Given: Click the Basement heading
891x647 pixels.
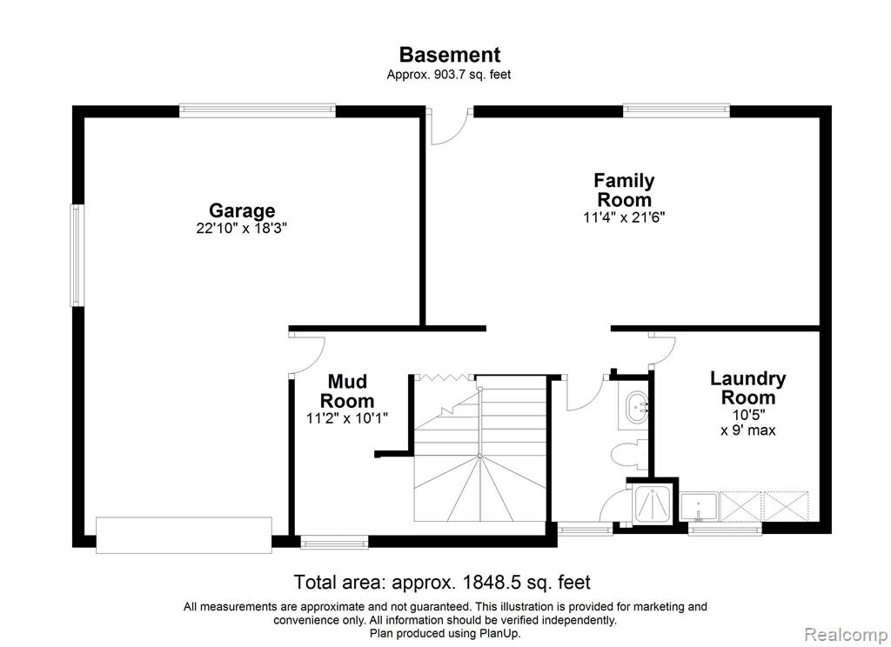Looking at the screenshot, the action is point(450,55).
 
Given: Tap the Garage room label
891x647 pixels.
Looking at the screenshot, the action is point(242,210).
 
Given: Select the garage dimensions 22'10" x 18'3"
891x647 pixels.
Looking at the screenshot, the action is point(242,229).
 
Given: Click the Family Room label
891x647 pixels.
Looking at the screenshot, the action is point(624,190).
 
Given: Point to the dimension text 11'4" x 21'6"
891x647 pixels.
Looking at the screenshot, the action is point(624,217).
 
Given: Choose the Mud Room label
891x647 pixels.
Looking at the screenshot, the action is point(347,390).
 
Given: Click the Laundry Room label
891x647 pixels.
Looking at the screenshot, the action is point(747,388).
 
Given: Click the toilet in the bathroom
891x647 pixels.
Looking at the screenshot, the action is point(629,452).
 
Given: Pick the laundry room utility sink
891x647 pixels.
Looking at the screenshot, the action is point(699,507).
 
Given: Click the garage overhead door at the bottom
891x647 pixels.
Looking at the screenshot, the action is point(184,535).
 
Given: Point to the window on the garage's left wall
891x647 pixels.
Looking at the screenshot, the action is point(77,255).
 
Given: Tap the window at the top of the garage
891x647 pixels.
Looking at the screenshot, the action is point(258,110).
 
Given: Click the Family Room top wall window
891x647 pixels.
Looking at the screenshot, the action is point(676,110).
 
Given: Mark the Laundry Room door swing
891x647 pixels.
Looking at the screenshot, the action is point(662,350).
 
